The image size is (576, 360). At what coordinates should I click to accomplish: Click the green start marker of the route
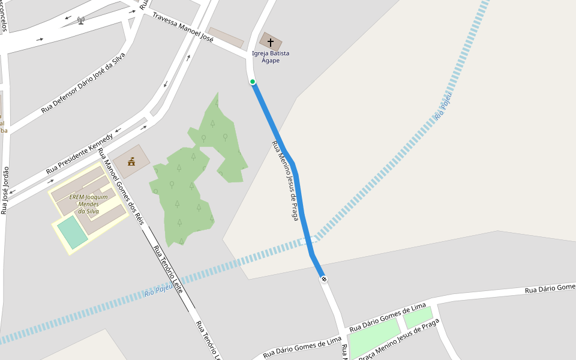point(253,82)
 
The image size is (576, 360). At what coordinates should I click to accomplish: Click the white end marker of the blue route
point(324,279)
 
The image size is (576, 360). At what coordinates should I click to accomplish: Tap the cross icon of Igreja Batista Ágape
point(271,42)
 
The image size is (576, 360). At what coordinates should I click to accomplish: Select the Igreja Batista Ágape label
point(271,57)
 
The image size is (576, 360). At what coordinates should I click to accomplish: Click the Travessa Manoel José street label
point(183,27)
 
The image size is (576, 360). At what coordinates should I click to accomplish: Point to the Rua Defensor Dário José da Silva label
point(83,83)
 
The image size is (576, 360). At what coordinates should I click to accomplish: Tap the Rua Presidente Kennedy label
point(79,154)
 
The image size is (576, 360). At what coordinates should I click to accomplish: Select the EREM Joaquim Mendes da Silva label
point(88,204)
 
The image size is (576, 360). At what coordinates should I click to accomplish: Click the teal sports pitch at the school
point(73,232)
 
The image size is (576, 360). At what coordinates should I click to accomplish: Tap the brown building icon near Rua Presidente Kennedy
point(131,161)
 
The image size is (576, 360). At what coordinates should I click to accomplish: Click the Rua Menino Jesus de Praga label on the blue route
point(285,181)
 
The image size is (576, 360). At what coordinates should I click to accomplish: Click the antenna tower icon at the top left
point(81,20)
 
